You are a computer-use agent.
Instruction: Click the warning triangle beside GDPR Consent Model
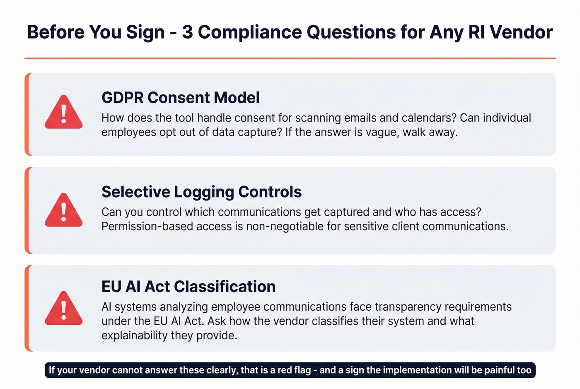coord(63,113)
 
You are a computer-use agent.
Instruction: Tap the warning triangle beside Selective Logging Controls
coord(63,211)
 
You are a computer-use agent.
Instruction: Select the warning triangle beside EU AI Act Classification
coord(63,309)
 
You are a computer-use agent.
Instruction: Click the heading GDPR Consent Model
coord(181,98)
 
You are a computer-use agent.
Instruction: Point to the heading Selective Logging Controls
coord(201,192)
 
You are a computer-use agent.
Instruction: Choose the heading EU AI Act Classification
coord(188,287)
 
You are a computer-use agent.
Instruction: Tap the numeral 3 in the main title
coord(187,32)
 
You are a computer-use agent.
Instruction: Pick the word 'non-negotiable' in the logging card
coord(293,227)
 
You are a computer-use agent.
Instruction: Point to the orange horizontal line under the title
coord(290,58)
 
